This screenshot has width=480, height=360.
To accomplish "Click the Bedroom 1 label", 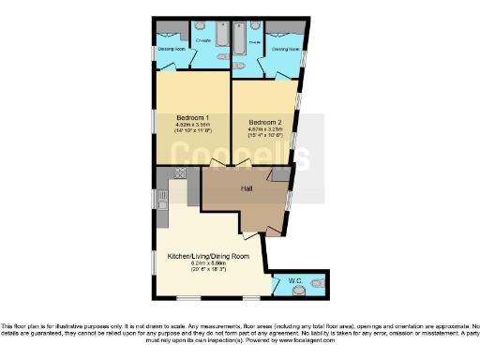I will (x=191, y=116).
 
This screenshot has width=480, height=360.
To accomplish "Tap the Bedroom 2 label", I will (x=264, y=122).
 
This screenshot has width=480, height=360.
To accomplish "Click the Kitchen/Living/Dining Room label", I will (x=208, y=255).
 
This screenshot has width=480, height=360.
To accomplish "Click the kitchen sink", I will (x=162, y=198).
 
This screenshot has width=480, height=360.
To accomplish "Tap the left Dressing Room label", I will (x=172, y=48).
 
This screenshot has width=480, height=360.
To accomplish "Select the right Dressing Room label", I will (x=285, y=48).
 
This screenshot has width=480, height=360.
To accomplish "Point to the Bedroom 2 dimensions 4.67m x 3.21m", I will (x=264, y=130).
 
